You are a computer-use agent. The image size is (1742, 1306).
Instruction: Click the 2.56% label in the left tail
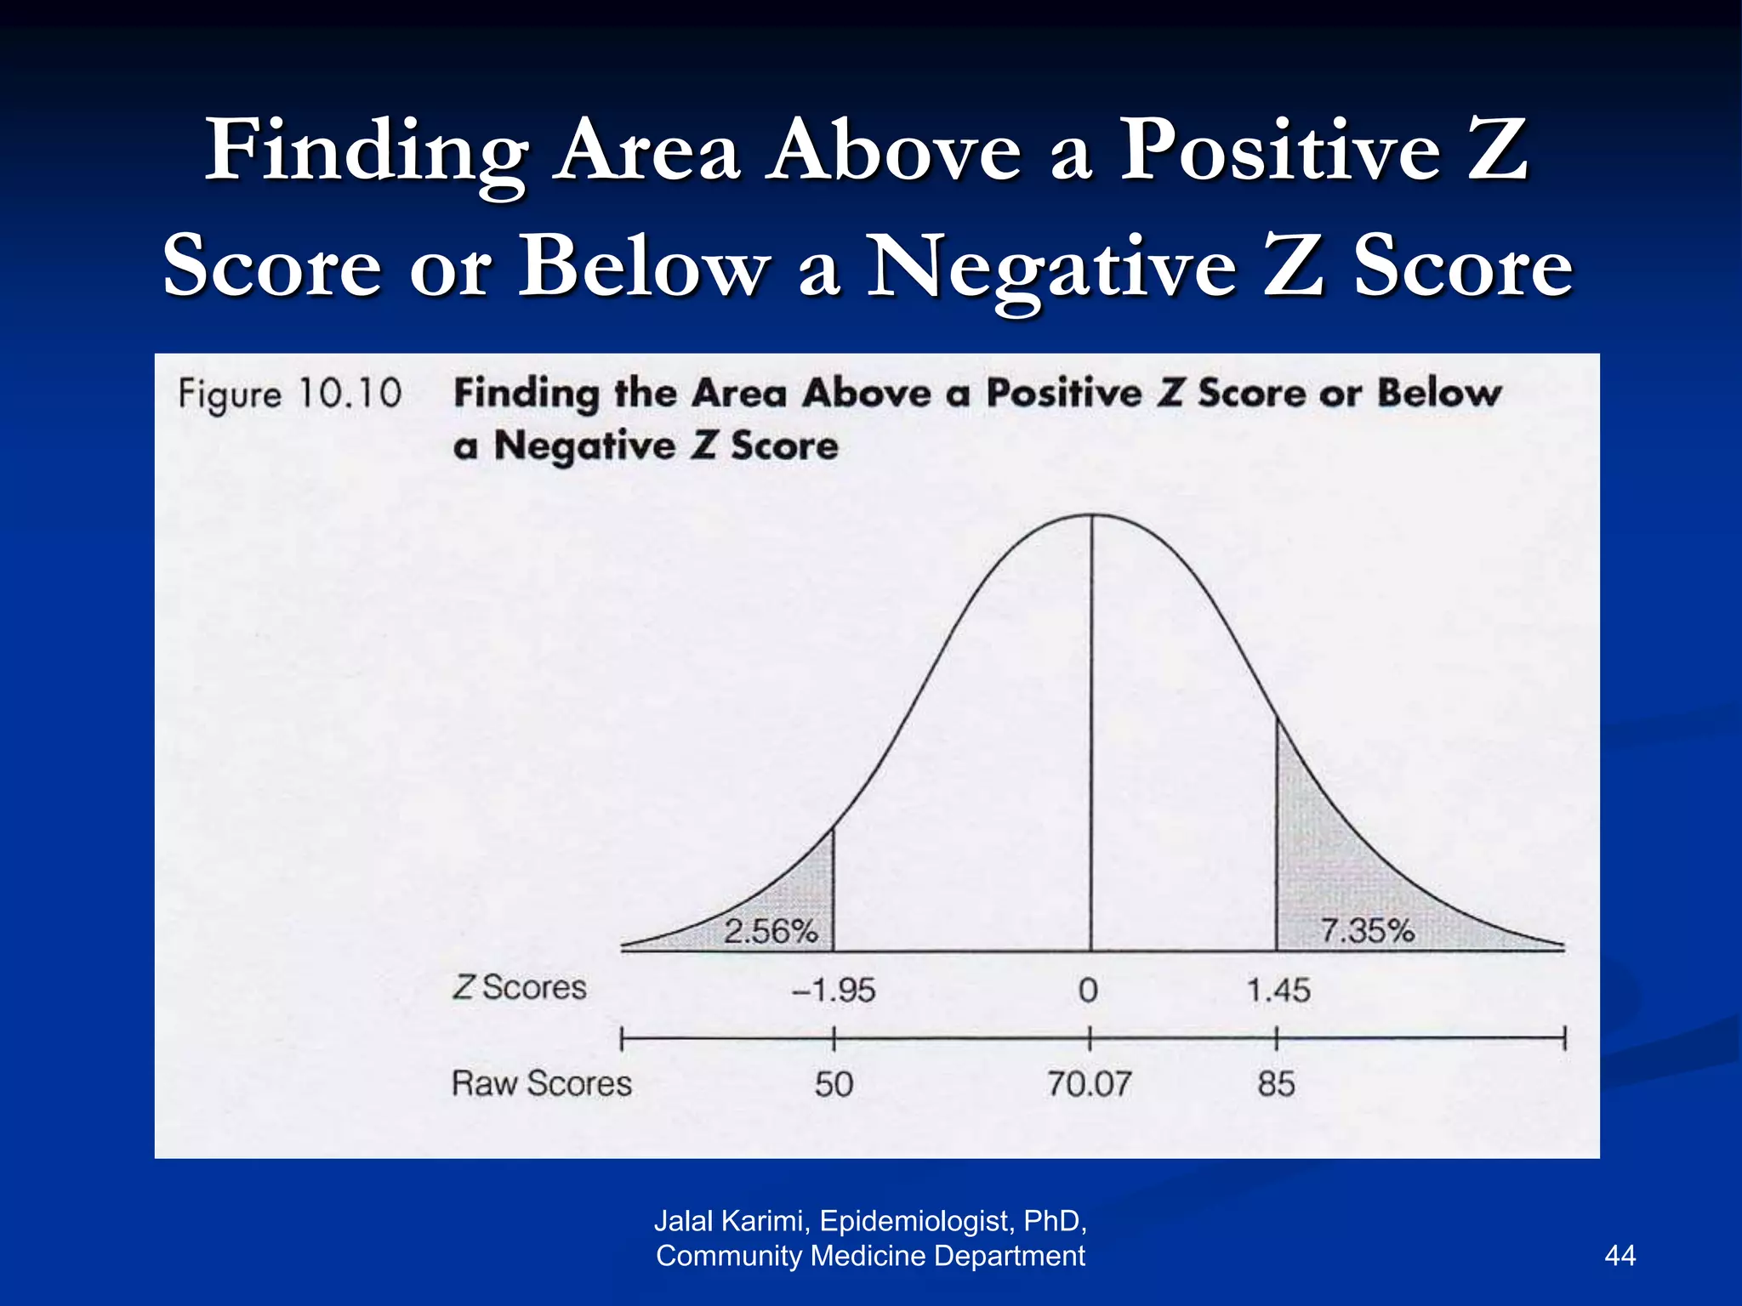771,932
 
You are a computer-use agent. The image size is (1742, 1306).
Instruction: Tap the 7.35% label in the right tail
1367,931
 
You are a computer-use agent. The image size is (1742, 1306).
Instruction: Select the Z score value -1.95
834,991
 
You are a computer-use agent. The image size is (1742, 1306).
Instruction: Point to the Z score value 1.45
1278,991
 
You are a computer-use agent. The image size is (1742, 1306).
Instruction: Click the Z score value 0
1089,991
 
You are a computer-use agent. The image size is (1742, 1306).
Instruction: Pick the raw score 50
834,1084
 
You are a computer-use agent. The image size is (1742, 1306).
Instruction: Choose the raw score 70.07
1090,1084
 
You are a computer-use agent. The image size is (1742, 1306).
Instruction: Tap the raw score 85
1277,1084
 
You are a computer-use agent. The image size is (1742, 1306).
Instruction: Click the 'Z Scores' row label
520,988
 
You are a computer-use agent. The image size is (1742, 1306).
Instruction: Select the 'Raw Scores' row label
542,1084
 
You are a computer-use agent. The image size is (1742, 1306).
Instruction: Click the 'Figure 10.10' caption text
290,395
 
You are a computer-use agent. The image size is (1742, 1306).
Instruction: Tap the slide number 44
1620,1256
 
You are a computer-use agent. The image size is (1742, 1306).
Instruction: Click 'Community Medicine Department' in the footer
870,1256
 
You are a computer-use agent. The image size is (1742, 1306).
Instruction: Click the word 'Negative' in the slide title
1051,267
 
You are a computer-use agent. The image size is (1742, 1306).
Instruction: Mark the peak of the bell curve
1092,515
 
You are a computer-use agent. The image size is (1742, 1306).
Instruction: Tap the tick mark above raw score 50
834,1038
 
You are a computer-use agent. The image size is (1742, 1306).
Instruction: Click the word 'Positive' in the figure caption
1064,394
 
